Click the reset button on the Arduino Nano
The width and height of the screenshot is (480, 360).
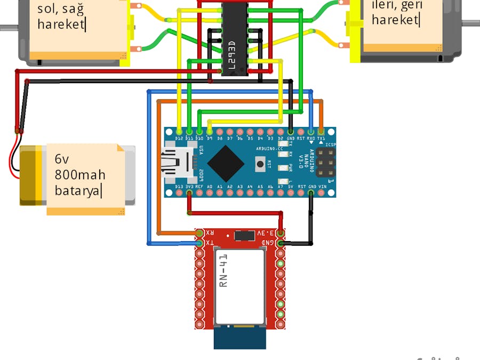pos(260,164)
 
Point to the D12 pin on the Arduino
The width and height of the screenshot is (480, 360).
pos(179,131)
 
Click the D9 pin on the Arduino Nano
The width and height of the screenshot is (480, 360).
pos(209,131)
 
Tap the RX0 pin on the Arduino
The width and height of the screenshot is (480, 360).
pos(311,131)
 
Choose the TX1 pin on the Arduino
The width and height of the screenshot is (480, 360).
pos(321,131)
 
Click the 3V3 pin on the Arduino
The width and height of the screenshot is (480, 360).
pos(189,193)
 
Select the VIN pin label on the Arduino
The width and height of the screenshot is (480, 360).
pos(322,187)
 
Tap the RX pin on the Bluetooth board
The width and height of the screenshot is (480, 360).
pos(200,233)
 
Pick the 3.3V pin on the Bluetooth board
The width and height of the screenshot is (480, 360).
pos(280,233)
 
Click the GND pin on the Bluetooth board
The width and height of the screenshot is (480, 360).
pos(280,244)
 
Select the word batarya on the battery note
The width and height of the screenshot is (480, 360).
pos(77,190)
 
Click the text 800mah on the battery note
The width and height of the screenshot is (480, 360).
pos(79,175)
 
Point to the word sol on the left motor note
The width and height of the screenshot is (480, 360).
pos(46,9)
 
